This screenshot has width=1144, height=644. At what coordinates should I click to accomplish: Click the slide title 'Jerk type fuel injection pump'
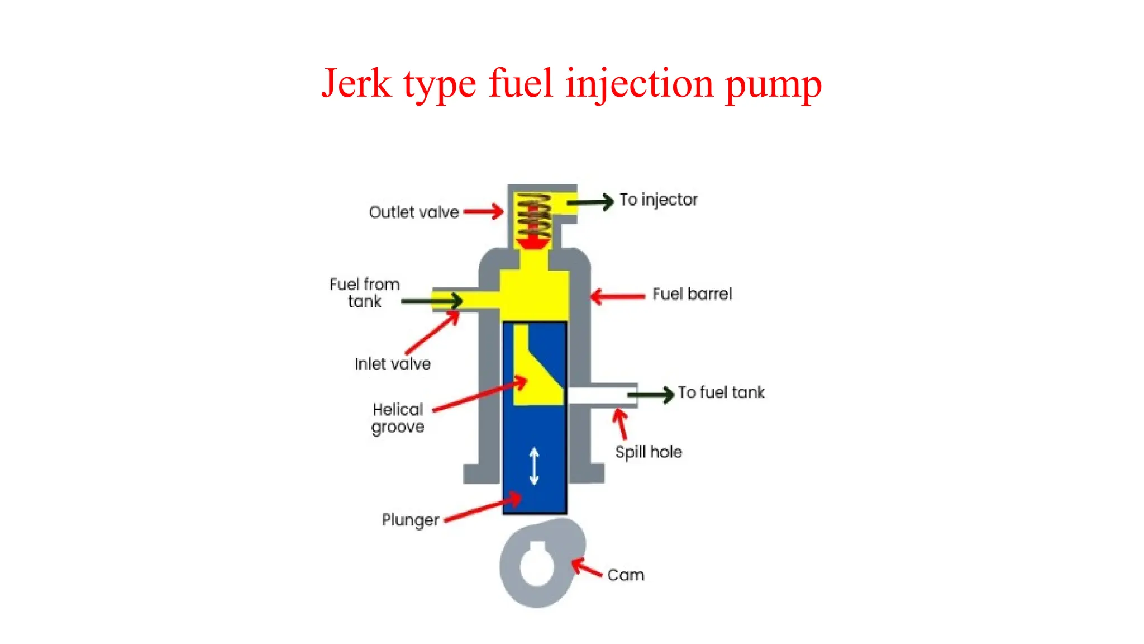point(571,84)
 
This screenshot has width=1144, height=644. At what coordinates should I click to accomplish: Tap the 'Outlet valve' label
point(414,212)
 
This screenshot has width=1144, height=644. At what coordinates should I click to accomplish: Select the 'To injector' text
point(658,200)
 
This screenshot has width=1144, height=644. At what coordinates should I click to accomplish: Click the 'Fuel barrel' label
point(692,294)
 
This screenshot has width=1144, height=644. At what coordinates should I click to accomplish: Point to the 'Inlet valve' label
point(393,364)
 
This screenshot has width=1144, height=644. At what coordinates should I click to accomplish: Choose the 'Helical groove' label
point(398,418)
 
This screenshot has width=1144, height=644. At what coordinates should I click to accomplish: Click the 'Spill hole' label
point(649,452)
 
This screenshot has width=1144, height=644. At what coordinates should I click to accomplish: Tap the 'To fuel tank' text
point(721,392)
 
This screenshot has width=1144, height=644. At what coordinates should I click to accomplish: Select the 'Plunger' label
point(411,520)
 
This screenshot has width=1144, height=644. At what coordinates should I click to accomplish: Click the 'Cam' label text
point(626,575)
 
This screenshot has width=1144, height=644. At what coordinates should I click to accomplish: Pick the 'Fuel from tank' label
point(364,292)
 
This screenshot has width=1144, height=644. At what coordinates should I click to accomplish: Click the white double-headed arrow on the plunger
point(534,466)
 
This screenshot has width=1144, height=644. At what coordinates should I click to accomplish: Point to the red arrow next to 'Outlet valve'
point(483,211)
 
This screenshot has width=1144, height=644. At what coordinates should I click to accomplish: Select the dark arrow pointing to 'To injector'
point(591,202)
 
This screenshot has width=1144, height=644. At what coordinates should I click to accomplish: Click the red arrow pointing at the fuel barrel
point(618,296)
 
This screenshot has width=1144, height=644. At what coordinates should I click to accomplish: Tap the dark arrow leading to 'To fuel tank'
point(651,395)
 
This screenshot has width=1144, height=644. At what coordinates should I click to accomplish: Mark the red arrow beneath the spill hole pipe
point(621,424)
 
